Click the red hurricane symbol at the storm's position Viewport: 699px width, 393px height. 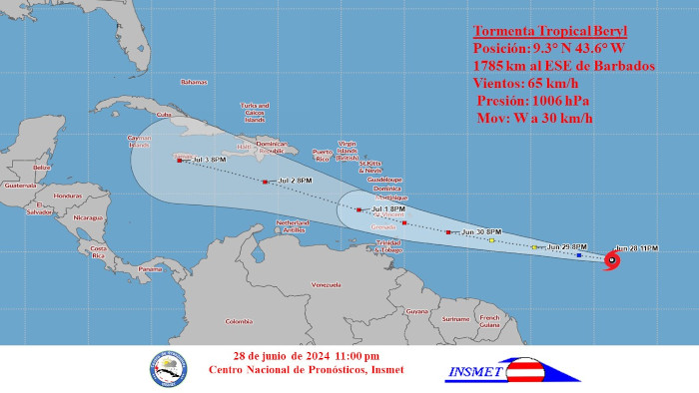[x=611, y=260]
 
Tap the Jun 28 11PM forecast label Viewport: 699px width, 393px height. [x=636, y=247]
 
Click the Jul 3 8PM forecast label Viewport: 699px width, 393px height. [x=209, y=160]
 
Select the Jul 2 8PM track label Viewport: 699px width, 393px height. [x=294, y=181]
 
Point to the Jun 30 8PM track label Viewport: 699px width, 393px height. [x=480, y=231]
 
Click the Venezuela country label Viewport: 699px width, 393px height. [x=327, y=285]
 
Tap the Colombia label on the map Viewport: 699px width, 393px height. [x=239, y=321]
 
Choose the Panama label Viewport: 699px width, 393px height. [x=150, y=269]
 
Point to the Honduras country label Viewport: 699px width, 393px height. [x=68, y=196]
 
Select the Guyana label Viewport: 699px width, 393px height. [x=417, y=311]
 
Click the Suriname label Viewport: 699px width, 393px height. [x=455, y=319]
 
